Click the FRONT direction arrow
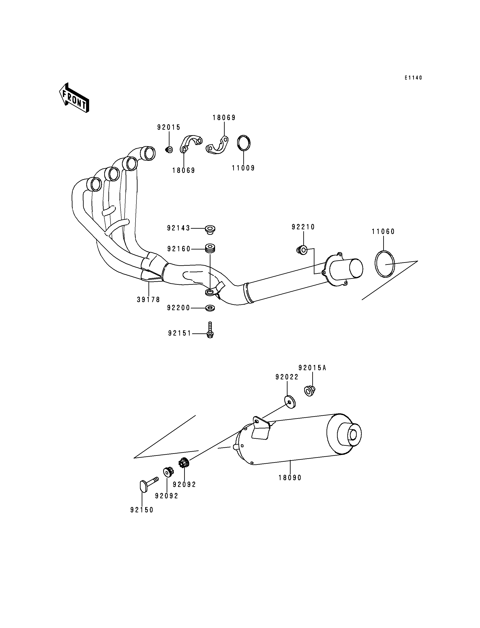(74, 97)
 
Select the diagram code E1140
(413, 78)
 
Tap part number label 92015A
(312, 368)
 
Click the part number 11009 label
(243, 168)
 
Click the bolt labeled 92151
(210, 330)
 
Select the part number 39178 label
(148, 300)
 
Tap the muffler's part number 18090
(290, 478)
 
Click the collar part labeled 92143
(210, 230)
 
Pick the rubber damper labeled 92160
(210, 248)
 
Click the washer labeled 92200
(210, 308)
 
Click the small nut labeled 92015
(169, 149)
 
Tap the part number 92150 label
(142, 510)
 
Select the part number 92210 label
(303, 227)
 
